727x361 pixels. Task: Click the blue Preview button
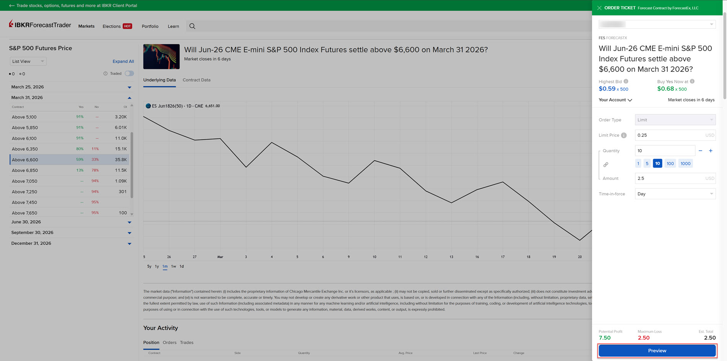657,351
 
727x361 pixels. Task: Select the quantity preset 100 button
670,164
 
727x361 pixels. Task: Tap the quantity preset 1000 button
685,164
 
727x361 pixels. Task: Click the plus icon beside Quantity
711,151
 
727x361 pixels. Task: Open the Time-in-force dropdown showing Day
675,194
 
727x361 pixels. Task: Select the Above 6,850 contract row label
25,171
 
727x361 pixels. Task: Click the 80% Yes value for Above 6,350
80,149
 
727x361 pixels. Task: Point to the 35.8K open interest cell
121,160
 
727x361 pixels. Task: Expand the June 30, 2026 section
129,222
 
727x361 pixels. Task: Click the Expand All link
123,62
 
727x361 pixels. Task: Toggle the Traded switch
129,73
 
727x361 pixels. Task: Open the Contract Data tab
197,80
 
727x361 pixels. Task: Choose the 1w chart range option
174,267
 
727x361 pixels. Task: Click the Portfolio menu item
150,26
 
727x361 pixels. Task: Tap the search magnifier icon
192,26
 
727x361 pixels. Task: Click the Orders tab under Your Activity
169,343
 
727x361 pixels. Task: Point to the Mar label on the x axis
220,257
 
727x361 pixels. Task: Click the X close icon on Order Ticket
599,8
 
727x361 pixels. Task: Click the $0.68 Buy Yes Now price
665,89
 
